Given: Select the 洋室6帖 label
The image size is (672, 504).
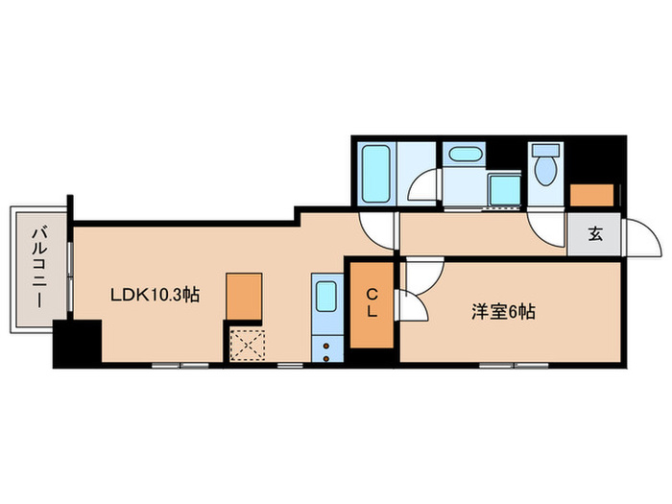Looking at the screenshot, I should click(x=502, y=311).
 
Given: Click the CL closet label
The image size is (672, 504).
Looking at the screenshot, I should click(x=371, y=303).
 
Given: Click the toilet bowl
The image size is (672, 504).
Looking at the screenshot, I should click(x=545, y=170).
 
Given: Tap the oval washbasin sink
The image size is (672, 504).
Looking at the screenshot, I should click(x=466, y=154).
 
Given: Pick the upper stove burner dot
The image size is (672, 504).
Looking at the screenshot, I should click(x=326, y=344).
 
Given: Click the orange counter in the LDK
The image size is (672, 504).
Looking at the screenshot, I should click(x=244, y=296).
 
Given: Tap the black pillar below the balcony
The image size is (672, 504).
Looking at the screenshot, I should click(x=77, y=344).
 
